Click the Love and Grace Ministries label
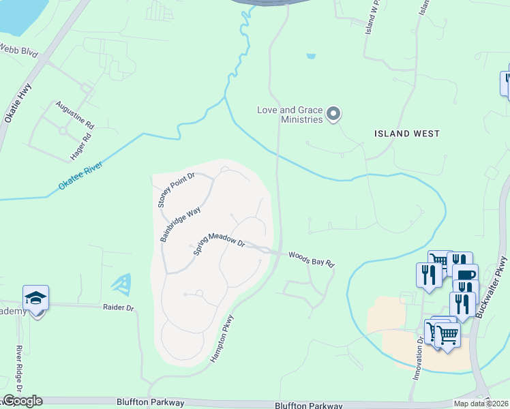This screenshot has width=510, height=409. [289, 115]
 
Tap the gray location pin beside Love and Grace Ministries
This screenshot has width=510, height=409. [333, 114]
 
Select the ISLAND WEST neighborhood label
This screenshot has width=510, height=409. [407, 134]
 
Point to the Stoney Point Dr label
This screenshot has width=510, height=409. [175, 190]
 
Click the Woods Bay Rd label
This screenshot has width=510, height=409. [312, 259]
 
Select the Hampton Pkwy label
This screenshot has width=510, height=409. [222, 337]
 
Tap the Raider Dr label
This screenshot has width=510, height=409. [119, 308]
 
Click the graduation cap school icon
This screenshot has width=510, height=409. [35, 299]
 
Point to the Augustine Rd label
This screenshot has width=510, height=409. [74, 114]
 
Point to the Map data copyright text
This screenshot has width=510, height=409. [481, 404]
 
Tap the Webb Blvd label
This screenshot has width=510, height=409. [20, 52]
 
